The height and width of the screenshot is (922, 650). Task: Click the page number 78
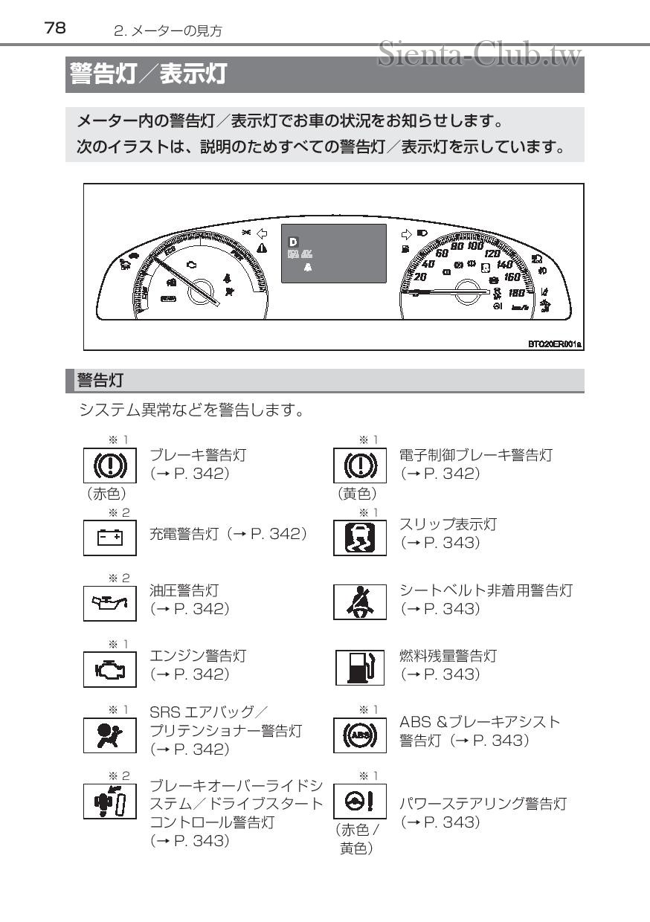point(55,28)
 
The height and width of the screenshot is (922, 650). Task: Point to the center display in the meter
point(333,254)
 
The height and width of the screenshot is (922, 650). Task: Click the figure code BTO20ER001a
point(554,345)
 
